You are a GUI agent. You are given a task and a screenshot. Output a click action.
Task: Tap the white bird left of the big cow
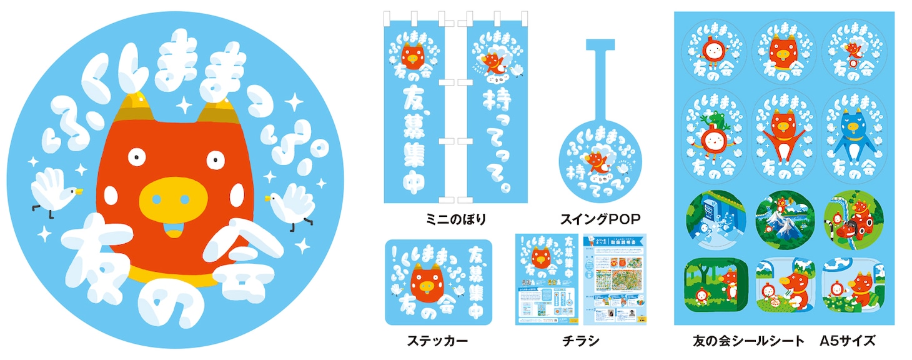point(52,191)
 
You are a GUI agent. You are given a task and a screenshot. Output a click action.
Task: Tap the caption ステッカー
point(437,341)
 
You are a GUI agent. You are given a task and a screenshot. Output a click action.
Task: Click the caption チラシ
point(580,341)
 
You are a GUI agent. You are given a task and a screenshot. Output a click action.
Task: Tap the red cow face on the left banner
point(413,56)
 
